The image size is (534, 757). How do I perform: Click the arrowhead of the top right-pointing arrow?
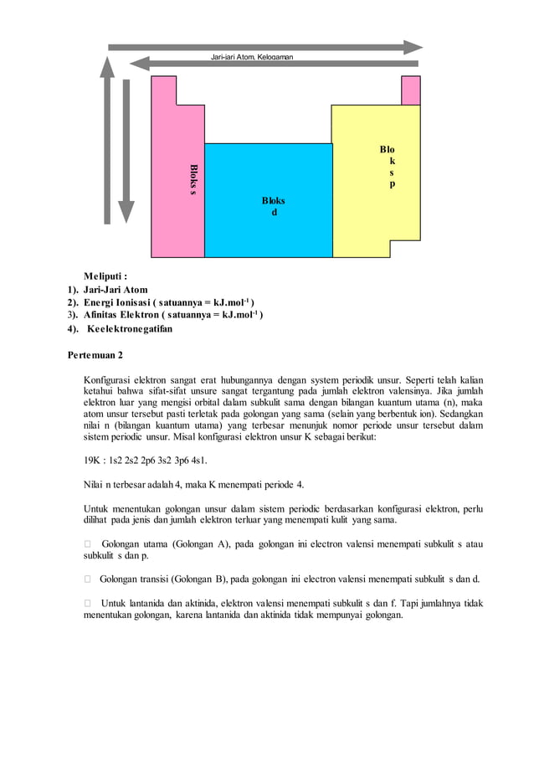(414, 47)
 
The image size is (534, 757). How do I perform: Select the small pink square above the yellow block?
(411, 90)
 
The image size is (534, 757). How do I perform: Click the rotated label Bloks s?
(193, 179)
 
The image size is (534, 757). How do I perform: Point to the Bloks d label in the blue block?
(273, 206)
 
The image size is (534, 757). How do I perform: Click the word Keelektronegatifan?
(130, 329)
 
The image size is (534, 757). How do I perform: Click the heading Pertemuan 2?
(95, 355)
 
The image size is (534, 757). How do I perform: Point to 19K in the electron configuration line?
(92, 461)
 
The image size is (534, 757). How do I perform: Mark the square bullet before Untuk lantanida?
(86, 603)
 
